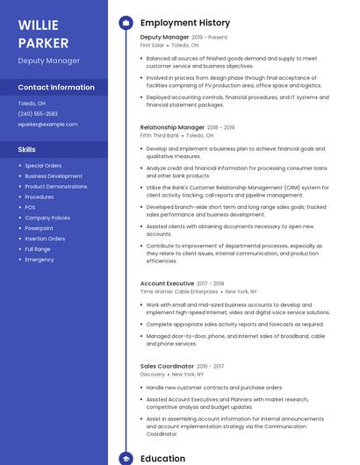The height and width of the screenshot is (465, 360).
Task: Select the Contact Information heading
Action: click(x=56, y=87)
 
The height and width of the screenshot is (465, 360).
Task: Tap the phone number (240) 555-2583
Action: click(x=38, y=113)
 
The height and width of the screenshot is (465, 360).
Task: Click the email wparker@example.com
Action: click(x=47, y=124)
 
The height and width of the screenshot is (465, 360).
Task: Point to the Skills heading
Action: click(x=26, y=149)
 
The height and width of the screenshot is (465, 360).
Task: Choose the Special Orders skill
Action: click(x=43, y=165)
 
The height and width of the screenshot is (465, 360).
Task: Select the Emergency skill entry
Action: click(x=40, y=260)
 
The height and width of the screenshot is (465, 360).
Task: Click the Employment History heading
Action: click(x=185, y=23)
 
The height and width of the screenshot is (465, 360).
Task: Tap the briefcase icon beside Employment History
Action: click(x=126, y=23)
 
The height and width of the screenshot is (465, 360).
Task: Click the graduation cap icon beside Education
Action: click(x=126, y=458)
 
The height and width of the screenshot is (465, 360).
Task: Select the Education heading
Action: click(x=162, y=458)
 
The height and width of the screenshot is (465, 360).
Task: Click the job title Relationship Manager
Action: click(x=172, y=127)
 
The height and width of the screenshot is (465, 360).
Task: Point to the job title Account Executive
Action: click(x=167, y=283)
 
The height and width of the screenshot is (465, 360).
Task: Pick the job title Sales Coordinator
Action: click(x=167, y=366)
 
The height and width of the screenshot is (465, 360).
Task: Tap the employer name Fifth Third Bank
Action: click(x=160, y=136)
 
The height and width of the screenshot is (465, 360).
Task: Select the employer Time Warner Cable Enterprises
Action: click(x=178, y=291)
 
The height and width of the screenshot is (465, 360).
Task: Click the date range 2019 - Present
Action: click(x=209, y=37)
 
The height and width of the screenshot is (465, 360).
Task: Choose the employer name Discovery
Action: click(x=153, y=374)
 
